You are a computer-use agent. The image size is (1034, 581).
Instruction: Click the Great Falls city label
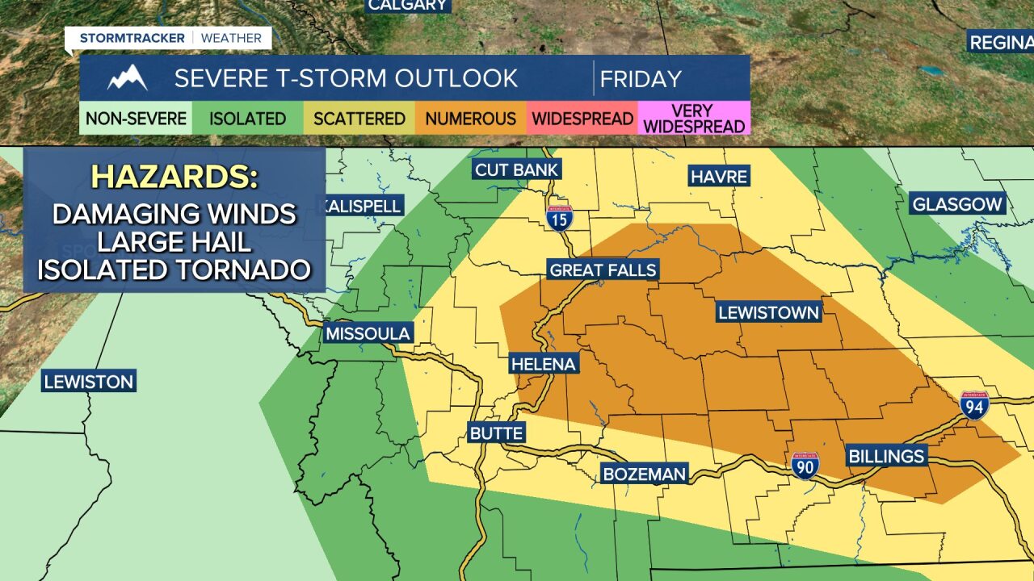coord(603,270)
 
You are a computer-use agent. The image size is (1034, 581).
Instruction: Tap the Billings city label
coord(886,457)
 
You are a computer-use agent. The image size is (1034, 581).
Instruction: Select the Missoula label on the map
coord(368,333)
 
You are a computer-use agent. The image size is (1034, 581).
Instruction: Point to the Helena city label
coord(544,364)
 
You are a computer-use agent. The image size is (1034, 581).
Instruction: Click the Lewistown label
coord(768,312)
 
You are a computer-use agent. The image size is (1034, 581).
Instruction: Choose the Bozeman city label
coord(645,474)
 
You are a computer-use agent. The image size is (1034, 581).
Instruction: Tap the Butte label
coord(496,433)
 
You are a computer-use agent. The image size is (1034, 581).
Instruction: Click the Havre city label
coord(719,176)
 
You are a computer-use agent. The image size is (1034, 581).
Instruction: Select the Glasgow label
coord(957,204)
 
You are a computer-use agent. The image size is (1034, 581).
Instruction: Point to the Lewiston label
coord(89,382)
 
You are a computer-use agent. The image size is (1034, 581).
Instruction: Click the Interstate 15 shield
coord(559,218)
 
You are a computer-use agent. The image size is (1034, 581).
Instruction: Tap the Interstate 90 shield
coord(805,465)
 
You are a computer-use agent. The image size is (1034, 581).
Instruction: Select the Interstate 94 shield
coord(974,405)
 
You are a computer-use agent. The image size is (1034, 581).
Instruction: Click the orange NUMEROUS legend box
coord(470,119)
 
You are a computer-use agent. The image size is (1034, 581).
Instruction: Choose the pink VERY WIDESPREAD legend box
coord(694,119)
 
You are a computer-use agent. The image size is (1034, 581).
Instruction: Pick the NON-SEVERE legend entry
coord(136,119)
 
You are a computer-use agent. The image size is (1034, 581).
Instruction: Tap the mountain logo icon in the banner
coord(127,78)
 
